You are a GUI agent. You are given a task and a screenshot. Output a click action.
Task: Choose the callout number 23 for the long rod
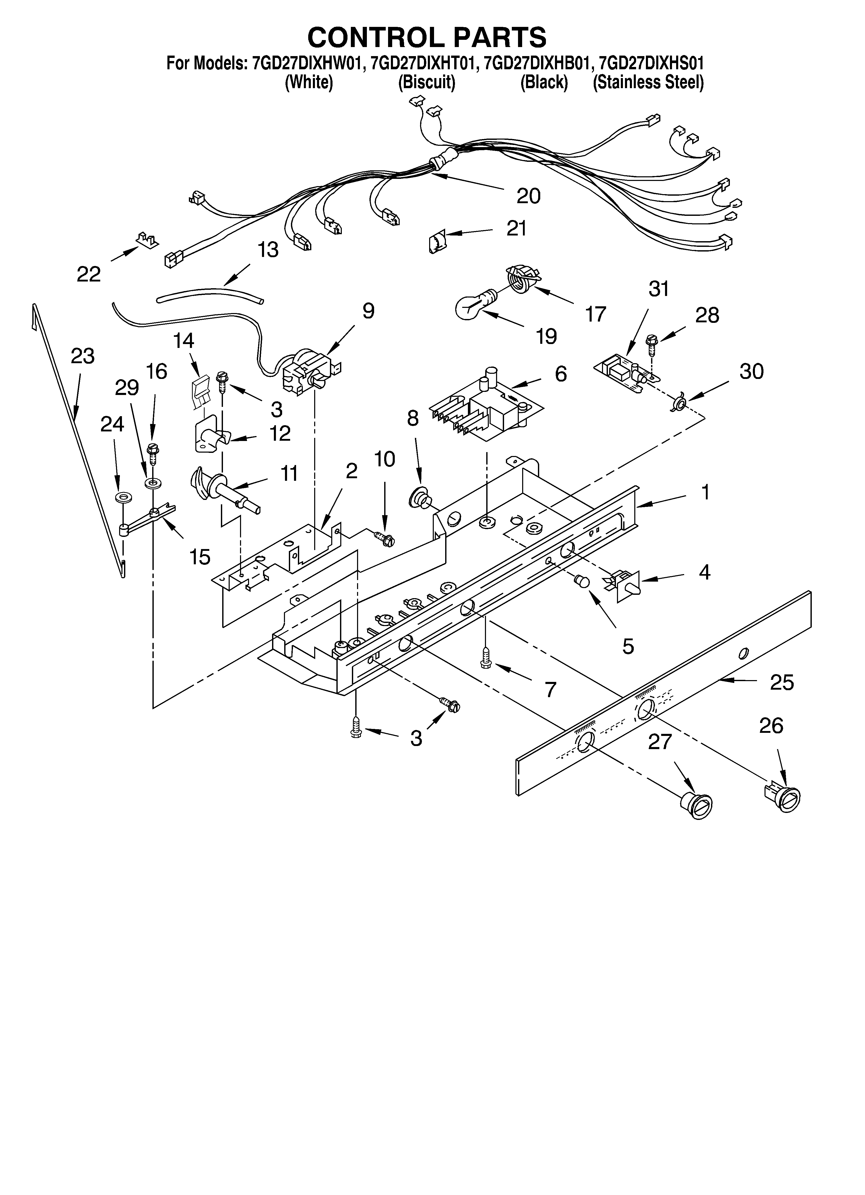(x=83, y=356)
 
